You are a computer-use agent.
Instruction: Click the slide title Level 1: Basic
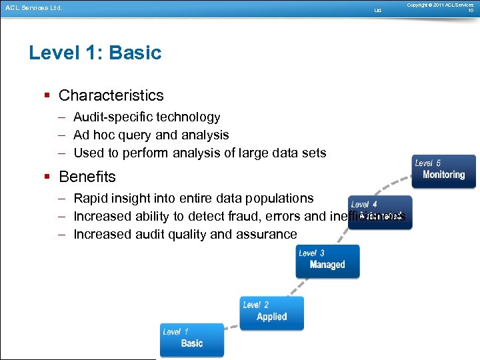tap(95, 53)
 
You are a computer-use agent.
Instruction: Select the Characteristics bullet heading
tap(111, 95)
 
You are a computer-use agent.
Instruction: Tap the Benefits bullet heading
tap(87, 177)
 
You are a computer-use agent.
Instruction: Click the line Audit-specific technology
tap(147, 117)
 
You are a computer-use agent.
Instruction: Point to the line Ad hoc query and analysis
tap(151, 135)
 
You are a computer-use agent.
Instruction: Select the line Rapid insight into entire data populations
tap(193, 198)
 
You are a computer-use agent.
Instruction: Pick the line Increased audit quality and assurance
tap(185, 234)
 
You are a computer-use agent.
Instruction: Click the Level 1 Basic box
tap(192, 339)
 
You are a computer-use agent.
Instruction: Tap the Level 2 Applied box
tap(272, 312)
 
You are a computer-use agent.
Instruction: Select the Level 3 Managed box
tap(327, 260)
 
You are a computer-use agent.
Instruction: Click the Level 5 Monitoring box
tap(444, 171)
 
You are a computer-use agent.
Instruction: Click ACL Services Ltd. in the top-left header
tap(33, 8)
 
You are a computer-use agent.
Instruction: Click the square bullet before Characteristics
tap(47, 96)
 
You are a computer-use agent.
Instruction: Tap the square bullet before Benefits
tap(47, 177)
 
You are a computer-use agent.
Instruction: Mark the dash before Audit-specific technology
tap(61, 117)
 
